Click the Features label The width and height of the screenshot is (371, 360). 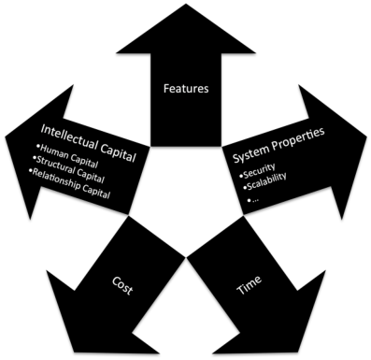(185, 89)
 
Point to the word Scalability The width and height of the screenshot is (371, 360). (267, 180)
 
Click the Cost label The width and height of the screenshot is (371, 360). (122, 284)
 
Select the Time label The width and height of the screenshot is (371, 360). (249, 285)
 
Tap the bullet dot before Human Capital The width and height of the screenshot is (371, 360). (36, 147)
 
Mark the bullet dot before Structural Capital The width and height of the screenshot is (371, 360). (34, 160)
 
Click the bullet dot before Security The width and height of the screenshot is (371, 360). (240, 175)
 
